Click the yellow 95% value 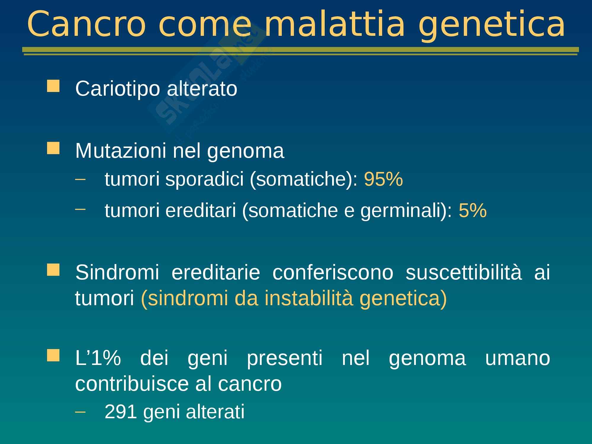click(x=383, y=179)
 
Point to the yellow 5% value click(x=473, y=210)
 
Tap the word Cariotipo click(x=118, y=89)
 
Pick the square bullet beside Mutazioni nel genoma click(x=53, y=148)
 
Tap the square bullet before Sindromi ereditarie click(x=53, y=270)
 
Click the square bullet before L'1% click(x=53, y=355)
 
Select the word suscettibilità click(x=464, y=272)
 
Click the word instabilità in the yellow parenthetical click(x=309, y=298)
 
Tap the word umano click(x=517, y=358)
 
